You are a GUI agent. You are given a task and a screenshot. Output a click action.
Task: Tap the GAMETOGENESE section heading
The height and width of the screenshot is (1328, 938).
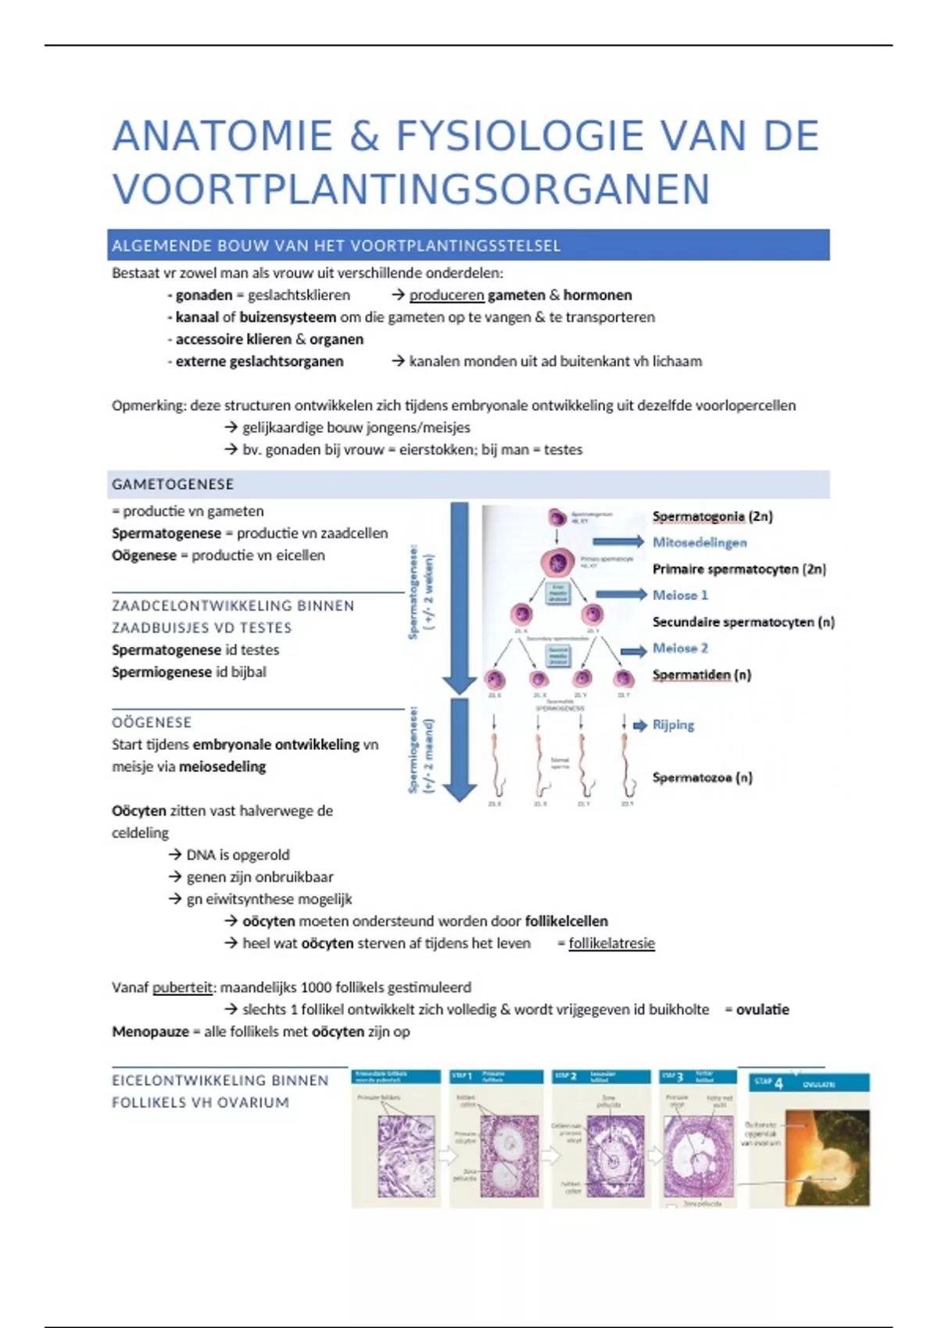coord(173,484)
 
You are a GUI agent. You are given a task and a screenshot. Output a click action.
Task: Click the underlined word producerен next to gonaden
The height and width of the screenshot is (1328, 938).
coord(446,295)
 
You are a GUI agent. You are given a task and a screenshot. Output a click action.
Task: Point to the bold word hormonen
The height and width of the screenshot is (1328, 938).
coord(597,295)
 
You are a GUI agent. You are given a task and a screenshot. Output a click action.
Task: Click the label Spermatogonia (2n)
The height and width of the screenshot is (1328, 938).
coord(712,516)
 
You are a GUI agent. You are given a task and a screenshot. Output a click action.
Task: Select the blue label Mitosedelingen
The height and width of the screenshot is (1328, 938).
coord(700,542)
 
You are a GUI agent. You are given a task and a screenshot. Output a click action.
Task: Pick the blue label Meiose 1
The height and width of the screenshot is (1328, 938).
coord(680,595)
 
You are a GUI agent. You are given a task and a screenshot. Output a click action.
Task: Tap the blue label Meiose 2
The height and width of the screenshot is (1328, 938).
coord(680,648)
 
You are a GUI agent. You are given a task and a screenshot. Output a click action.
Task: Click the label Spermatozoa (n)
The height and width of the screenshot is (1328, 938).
coord(702,777)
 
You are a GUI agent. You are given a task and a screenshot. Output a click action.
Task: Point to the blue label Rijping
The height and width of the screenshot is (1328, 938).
coord(673,725)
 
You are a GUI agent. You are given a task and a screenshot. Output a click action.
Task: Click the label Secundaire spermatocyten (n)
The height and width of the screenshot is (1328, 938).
coord(743,622)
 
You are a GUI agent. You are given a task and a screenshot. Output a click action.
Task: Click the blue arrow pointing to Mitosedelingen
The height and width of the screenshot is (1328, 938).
coord(618,542)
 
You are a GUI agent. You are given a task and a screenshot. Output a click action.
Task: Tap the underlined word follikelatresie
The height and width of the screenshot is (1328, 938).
coord(611,944)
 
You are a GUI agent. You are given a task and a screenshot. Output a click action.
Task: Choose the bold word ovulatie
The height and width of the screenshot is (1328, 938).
coord(762,1009)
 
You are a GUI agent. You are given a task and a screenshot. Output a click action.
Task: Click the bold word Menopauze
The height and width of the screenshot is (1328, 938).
coord(150,1032)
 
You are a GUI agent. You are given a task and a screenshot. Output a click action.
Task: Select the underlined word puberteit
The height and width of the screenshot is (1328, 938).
coord(182,987)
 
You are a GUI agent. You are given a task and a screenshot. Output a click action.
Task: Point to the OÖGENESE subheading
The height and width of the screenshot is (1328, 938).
coord(152,723)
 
